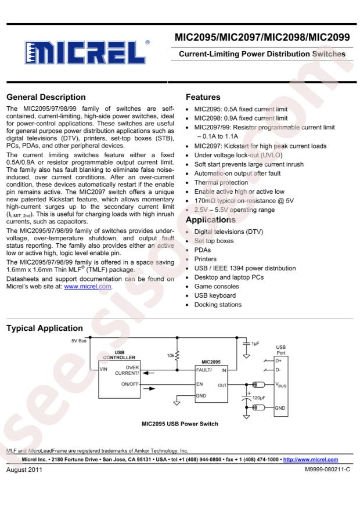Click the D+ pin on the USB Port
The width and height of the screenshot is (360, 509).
tap(279, 360)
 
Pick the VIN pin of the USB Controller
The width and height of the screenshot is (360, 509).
tap(105, 368)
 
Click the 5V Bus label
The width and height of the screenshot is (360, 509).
tap(78, 341)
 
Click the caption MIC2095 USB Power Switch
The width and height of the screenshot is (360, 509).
tap(180, 424)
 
